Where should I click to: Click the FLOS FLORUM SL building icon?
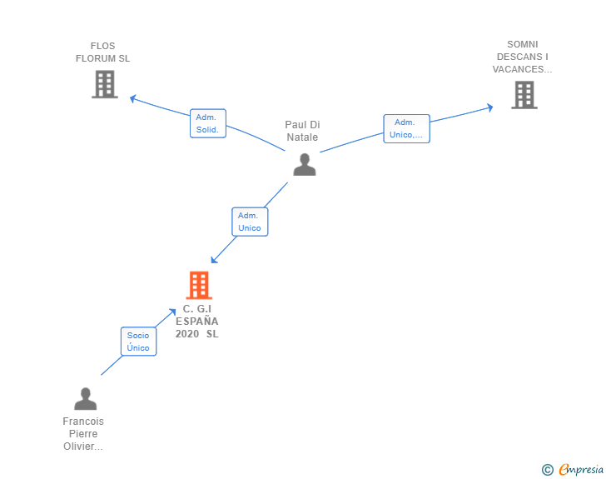105,84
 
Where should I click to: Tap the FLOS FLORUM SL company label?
103,52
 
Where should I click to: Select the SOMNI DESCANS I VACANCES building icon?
524,95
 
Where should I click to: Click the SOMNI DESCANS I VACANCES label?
522,57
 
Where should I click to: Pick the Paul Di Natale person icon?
305,165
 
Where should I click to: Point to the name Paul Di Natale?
302,131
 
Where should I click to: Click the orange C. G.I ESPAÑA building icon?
199,285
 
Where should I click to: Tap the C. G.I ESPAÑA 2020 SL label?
197,322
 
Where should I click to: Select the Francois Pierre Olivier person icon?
86,398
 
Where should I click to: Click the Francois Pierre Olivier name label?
83,434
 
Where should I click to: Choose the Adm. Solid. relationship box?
208,123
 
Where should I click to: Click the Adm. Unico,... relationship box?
406,129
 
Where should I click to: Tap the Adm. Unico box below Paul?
250,222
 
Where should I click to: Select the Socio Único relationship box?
138,342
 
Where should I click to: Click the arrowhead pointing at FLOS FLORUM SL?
132,98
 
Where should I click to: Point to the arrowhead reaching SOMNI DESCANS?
490,107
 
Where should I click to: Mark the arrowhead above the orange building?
214,260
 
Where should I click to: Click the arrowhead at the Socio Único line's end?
172,312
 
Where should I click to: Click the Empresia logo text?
581,469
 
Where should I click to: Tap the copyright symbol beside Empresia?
548,470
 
